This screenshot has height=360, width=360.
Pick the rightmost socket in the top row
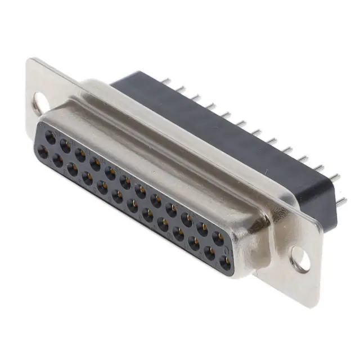[x=218, y=238]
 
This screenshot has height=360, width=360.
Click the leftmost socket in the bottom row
[x=43, y=150]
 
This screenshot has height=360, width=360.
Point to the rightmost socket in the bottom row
[x=224, y=262]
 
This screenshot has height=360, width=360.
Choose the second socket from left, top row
[x=65, y=145]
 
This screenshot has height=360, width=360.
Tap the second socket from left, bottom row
[x=58, y=160]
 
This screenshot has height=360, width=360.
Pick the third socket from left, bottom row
[x=73, y=169]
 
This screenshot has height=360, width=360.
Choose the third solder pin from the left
[x=196, y=97]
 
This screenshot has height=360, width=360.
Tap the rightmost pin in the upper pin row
[x=336, y=177]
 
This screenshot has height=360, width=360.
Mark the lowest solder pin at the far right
[x=341, y=200]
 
